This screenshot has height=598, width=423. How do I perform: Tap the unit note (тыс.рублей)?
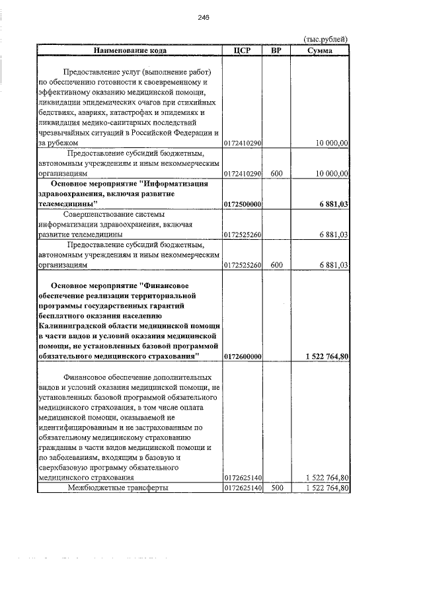pos(325,39)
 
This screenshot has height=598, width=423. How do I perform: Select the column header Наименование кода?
pos(130,50)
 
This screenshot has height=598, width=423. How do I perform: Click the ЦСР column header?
pos(243,50)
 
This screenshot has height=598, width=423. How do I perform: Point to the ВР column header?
pos(276,50)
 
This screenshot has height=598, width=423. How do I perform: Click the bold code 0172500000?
pos(243,205)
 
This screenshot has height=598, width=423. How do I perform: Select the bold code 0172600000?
pos(243,356)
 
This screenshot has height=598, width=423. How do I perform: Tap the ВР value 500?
pos(276,488)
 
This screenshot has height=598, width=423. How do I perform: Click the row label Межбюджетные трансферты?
pos(118,488)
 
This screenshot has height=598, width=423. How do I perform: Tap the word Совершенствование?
pos(105,214)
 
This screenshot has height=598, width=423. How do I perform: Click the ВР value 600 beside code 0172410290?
pos(276,173)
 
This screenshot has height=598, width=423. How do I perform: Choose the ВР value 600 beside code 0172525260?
pos(276,265)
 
